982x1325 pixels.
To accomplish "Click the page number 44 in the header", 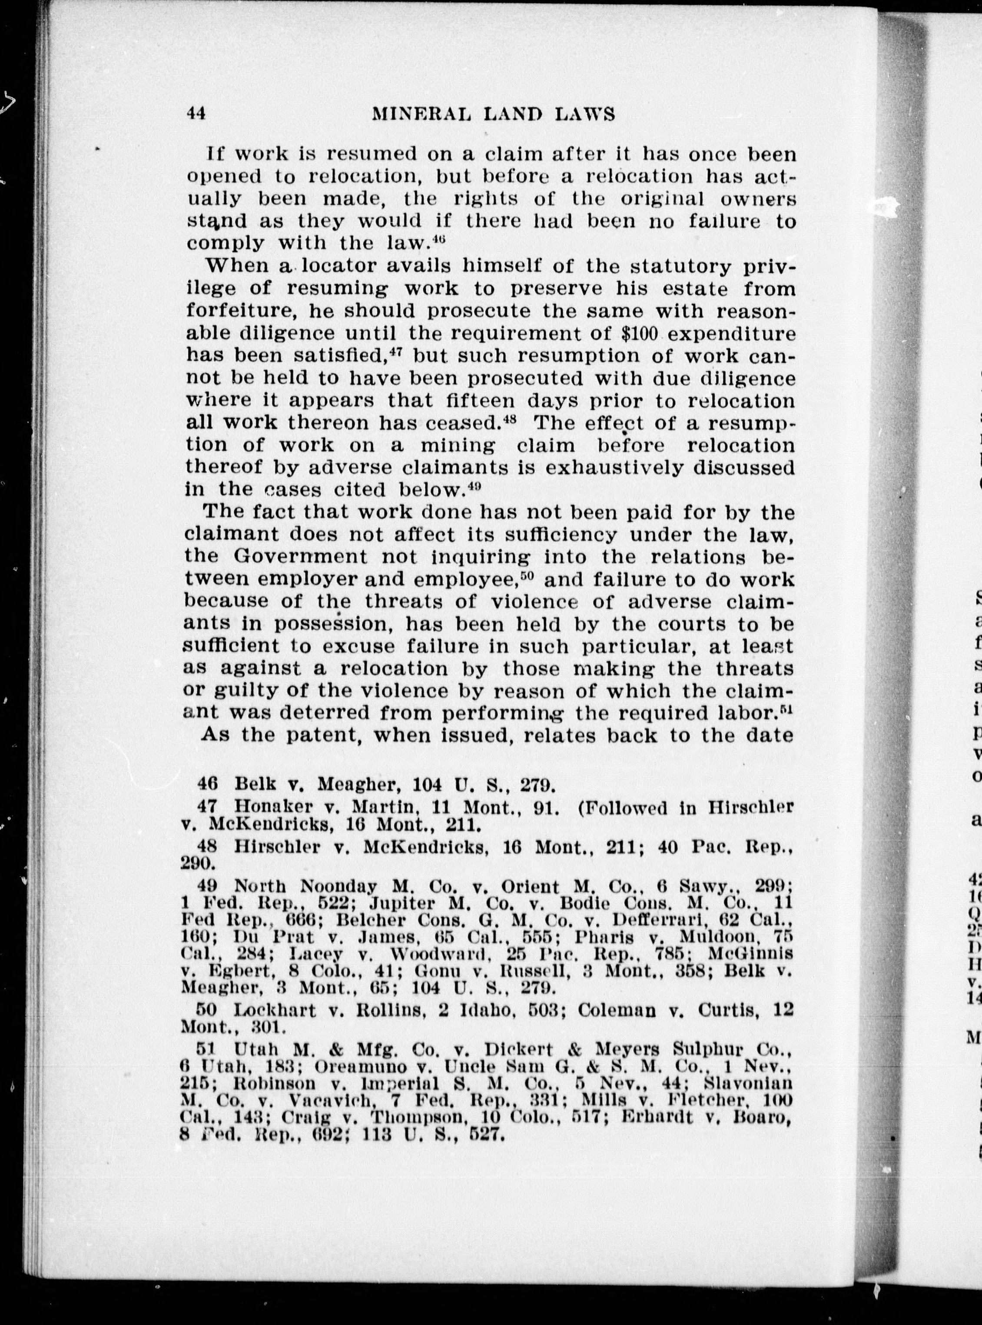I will pos(196,113).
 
